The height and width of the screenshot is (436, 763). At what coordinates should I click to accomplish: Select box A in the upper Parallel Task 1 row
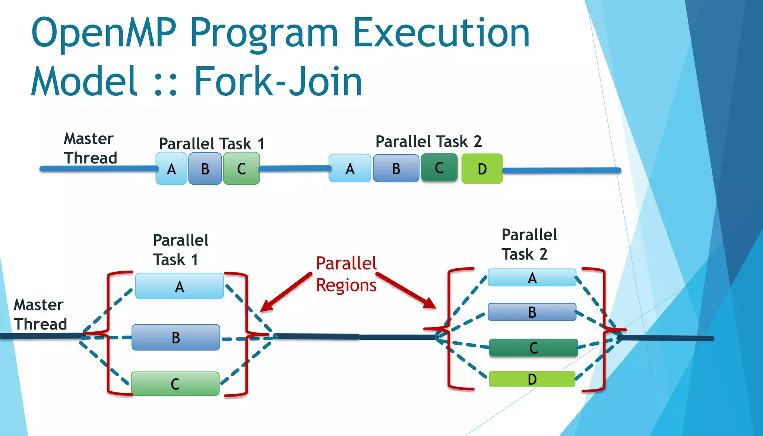(171, 168)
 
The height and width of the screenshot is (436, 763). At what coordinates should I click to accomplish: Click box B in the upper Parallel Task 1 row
(205, 168)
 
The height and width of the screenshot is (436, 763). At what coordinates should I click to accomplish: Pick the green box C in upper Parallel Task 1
(241, 168)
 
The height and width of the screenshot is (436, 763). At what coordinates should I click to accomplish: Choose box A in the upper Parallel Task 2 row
(350, 168)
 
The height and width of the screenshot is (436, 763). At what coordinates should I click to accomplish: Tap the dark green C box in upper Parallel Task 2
(439, 167)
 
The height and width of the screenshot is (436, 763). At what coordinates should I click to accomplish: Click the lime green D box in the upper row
(482, 168)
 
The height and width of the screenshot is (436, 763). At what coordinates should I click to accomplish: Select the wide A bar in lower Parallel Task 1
(179, 286)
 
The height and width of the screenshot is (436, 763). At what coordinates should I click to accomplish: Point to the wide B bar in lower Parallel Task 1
(176, 337)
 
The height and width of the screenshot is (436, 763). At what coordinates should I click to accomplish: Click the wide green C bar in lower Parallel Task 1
(175, 383)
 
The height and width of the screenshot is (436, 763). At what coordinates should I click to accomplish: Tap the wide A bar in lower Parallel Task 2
(532, 278)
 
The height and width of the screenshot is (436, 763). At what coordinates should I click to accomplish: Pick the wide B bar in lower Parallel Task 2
(532, 312)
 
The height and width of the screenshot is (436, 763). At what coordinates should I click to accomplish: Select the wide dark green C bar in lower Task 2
(533, 348)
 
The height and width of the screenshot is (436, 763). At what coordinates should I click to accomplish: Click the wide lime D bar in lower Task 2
(532, 379)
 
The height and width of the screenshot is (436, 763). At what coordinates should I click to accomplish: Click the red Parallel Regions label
(346, 274)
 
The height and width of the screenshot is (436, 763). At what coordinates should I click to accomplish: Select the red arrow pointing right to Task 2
(406, 290)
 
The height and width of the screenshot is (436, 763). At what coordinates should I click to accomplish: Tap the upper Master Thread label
(90, 148)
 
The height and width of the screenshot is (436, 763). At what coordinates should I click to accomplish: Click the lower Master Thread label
(40, 314)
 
